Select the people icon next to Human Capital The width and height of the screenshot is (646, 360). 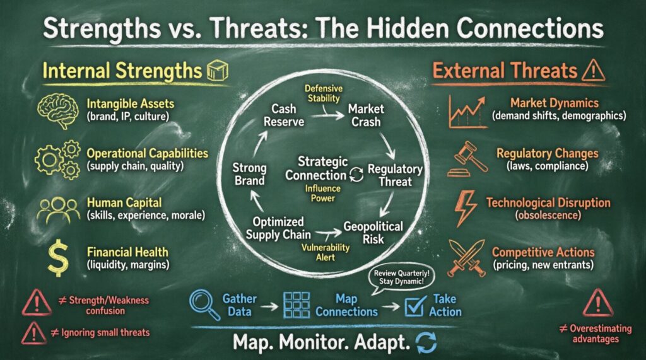pyautogui.click(x=58, y=210)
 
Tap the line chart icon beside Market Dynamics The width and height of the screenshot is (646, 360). pyautogui.click(x=467, y=112)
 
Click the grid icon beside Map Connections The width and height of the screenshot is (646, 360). pyautogui.click(x=297, y=305)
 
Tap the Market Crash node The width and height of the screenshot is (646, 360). pyautogui.click(x=366, y=115)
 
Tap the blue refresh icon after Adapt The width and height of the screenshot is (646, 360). pyautogui.click(x=426, y=344)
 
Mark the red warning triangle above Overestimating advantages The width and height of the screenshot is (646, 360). pyautogui.click(x=597, y=303)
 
